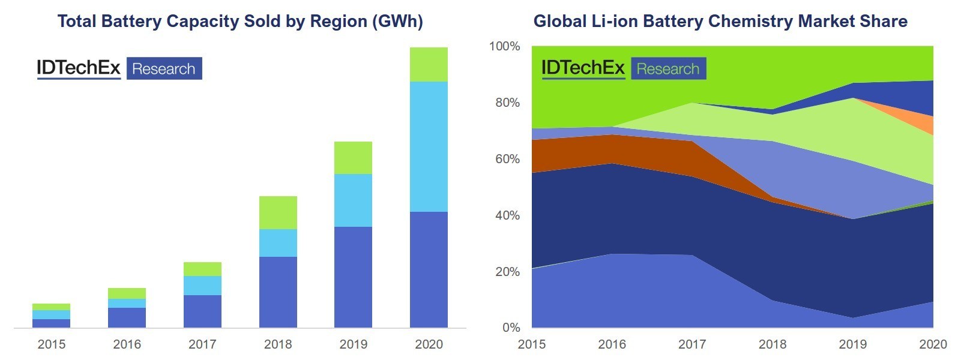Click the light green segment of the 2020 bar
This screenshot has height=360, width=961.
[429, 64]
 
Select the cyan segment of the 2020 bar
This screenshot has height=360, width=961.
[429, 147]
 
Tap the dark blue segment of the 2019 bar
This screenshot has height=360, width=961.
[353, 277]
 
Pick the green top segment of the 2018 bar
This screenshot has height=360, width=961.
[278, 213]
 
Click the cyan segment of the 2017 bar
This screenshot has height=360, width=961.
[202, 286]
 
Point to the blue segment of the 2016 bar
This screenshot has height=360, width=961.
[127, 317]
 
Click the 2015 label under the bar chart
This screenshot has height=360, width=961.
[52, 344]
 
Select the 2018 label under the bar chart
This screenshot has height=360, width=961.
[278, 344]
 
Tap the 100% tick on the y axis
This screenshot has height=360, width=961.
[505, 46]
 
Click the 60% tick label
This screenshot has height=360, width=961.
[508, 159]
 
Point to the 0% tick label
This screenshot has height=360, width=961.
[511, 328]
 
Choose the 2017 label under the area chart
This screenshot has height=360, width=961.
[693, 344]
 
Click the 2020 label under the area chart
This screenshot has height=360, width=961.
[933, 344]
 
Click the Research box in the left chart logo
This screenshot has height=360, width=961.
[164, 68]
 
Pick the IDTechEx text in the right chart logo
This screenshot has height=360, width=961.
[583, 68]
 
